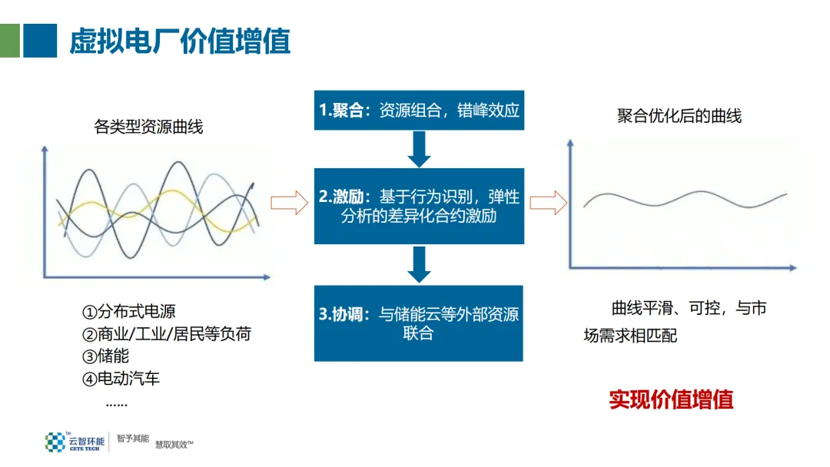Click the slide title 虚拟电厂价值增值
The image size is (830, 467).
pos(180,41)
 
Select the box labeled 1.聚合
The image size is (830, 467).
pos(419,111)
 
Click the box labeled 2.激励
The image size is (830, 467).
pos(419,206)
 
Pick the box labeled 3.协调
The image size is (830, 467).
pos(419,323)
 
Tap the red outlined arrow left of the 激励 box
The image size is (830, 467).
pos(289,203)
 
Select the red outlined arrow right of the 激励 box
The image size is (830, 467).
pos(548,203)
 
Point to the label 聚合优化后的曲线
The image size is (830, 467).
pos(679,116)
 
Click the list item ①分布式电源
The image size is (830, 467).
pos(128,311)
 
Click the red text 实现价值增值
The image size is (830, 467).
pos(671,399)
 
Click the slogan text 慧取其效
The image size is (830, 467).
pos(174,444)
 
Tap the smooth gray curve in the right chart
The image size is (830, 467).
pos(684,199)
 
